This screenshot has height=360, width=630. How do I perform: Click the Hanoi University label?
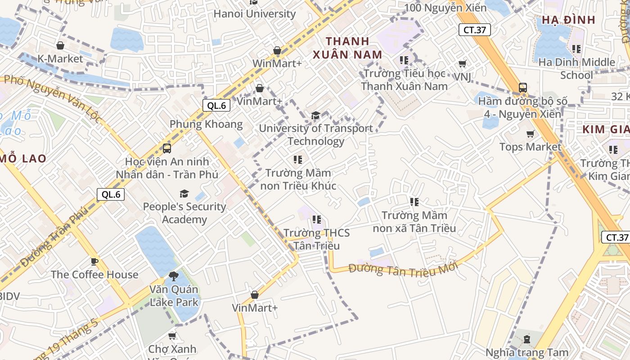(254, 13)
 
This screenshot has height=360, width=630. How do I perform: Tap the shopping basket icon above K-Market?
(60, 45)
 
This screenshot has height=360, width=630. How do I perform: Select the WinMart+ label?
(277, 63)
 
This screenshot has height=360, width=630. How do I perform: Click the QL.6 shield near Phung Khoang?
(216, 106)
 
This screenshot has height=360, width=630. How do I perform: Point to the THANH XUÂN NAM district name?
(347, 48)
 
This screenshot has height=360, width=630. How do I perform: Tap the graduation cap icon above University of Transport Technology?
(316, 116)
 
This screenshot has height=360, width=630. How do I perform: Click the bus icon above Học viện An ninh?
(167, 148)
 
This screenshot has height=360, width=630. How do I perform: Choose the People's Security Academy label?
(184, 213)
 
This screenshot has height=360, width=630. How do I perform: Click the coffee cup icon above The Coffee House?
(94, 261)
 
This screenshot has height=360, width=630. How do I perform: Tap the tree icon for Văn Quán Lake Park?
(174, 276)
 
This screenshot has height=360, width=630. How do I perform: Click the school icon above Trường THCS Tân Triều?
(317, 220)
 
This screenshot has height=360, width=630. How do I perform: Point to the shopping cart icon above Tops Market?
(531, 134)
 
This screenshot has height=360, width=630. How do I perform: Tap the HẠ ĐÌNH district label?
(568, 20)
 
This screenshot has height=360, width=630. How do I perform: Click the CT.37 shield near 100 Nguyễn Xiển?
(474, 30)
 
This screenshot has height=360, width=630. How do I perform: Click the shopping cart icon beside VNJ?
(463, 64)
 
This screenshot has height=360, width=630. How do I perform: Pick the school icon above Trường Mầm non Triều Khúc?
(298, 159)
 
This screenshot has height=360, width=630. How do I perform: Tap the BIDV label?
(10, 296)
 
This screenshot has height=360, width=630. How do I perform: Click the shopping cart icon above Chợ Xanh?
(172, 336)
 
